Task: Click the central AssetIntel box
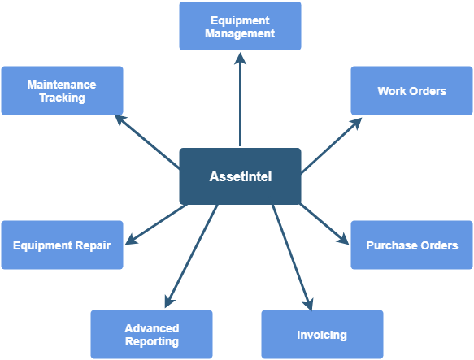point(240,176)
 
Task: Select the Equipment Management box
point(240,26)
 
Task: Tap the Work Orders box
point(411,91)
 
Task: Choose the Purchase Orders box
point(411,245)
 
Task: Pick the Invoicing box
point(322,334)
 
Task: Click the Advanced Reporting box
point(151,334)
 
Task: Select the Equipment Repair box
point(62,245)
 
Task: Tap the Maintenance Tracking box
point(62,91)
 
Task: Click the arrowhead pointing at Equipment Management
point(240,59)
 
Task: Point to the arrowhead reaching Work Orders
point(356,124)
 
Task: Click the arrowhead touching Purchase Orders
point(343,238)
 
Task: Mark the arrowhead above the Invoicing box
point(308,304)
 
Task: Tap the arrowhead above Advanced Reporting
point(169,301)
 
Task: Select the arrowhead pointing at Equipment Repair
point(131,240)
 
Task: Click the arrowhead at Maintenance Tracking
point(121,120)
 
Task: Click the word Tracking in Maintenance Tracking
point(63,98)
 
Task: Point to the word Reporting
point(152,341)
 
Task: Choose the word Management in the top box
point(240,33)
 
